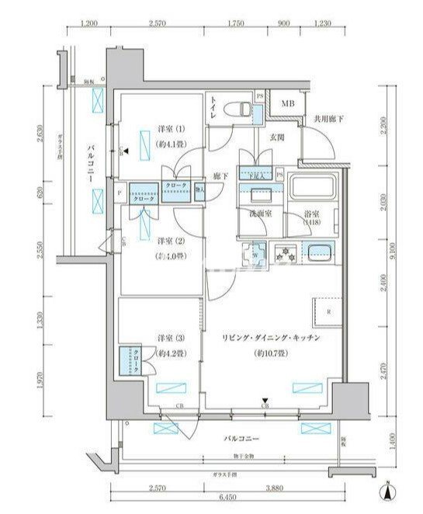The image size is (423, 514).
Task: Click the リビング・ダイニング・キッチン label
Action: click(x=269, y=339)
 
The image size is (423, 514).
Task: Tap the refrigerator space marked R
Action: click(x=329, y=312)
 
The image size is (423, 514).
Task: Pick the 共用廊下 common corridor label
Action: click(x=329, y=119)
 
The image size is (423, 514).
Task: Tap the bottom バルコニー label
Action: click(x=240, y=439)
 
